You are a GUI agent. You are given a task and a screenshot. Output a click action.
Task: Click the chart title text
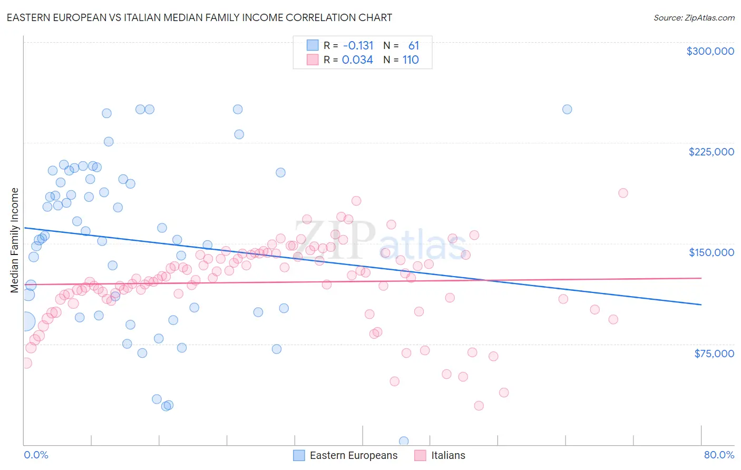tap(199, 17)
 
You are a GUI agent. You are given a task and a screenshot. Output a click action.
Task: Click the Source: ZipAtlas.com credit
tap(694, 17)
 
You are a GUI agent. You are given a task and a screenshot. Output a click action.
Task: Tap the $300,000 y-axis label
tap(710, 51)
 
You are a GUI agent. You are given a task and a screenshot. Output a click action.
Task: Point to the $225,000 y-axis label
tap(711, 152)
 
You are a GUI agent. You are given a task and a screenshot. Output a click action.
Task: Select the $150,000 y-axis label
tap(711, 252)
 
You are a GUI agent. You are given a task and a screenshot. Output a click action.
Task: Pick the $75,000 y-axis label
tap(714, 354)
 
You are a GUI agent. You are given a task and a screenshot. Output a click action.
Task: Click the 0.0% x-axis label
tap(36, 455)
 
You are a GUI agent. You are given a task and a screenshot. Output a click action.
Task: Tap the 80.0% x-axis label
tap(719, 455)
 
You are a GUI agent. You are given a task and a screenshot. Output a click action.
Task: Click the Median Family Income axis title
tap(15, 240)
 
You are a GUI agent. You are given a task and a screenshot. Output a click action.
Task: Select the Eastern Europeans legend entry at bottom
tap(353, 455)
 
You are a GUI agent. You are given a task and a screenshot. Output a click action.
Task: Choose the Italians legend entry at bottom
tap(448, 455)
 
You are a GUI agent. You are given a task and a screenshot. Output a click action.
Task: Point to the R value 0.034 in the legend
tap(357, 60)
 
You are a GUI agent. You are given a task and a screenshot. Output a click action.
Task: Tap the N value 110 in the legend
tap(411, 60)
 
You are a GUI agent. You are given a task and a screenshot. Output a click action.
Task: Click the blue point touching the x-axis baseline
tap(404, 441)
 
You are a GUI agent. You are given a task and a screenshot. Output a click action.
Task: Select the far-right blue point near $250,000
tap(567, 109)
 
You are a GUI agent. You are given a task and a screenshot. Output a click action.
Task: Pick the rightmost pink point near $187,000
tap(623, 193)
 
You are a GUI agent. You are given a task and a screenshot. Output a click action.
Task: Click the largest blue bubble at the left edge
tap(25, 321)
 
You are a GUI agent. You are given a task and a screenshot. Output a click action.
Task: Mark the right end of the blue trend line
tap(701, 305)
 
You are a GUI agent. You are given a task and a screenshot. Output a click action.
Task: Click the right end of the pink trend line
tap(701, 278)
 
